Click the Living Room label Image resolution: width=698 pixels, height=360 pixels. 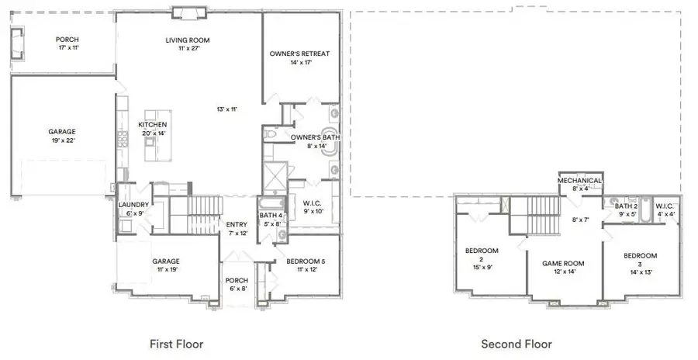point(188,40)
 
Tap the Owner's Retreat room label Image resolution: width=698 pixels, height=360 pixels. point(299,54)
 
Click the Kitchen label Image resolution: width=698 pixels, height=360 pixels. point(152,124)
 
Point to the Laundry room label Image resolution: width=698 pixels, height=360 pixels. point(133,205)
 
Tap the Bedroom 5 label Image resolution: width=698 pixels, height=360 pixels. point(300,261)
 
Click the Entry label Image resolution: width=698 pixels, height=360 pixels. point(237,224)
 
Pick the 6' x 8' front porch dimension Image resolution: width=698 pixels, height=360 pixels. point(236,289)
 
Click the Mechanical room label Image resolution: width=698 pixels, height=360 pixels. point(580,180)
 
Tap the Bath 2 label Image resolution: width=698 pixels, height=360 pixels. point(626,206)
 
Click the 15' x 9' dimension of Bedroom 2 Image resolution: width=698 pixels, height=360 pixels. point(481,268)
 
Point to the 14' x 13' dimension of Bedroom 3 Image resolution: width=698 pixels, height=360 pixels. point(641,272)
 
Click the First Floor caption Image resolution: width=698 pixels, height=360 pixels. point(177,343)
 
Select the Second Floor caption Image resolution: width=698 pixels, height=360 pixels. point(517,343)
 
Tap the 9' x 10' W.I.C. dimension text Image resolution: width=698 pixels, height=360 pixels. point(312,211)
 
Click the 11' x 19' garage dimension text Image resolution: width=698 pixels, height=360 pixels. point(168,271)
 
